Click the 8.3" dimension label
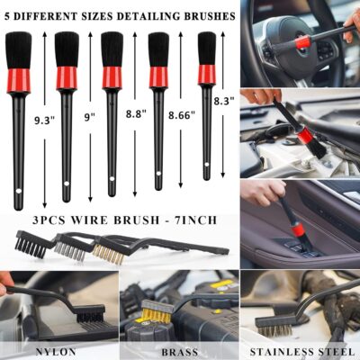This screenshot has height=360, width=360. [x=224, y=102]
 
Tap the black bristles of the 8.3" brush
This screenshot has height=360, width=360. [x=207, y=47]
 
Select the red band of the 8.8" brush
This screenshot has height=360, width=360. [x=112, y=76]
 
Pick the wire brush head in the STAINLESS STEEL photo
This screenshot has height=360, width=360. [x=274, y=319]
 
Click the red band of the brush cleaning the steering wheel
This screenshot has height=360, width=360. [x=302, y=41]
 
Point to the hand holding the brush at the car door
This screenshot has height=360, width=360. [x=262, y=191]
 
